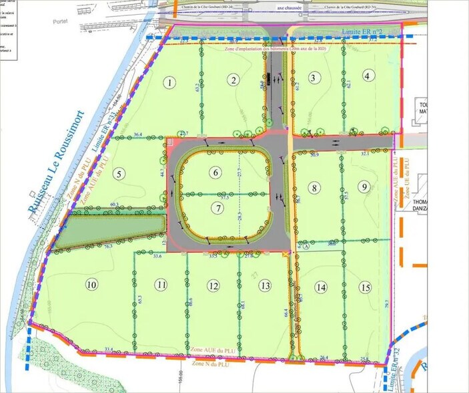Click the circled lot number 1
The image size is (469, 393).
pos(171,83)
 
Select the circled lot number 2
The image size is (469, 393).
pos(233,81)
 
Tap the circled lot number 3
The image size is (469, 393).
pos(313,78)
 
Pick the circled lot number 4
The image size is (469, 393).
pos(367,76)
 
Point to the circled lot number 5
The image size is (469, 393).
pos(120,174)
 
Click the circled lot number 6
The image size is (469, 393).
pos(215,172)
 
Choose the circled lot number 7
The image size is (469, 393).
pos(217,207)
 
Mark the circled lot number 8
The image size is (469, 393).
pos(314,188)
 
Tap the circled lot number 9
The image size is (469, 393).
pos(363,186)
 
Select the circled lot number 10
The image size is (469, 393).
pos(92,285)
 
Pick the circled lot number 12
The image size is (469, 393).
pos(213,286)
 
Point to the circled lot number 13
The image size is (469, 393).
pos(266,286)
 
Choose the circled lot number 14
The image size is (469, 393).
pos(322,287)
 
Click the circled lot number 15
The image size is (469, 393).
pos(364,287)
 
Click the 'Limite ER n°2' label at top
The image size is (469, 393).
pos(360,32)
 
